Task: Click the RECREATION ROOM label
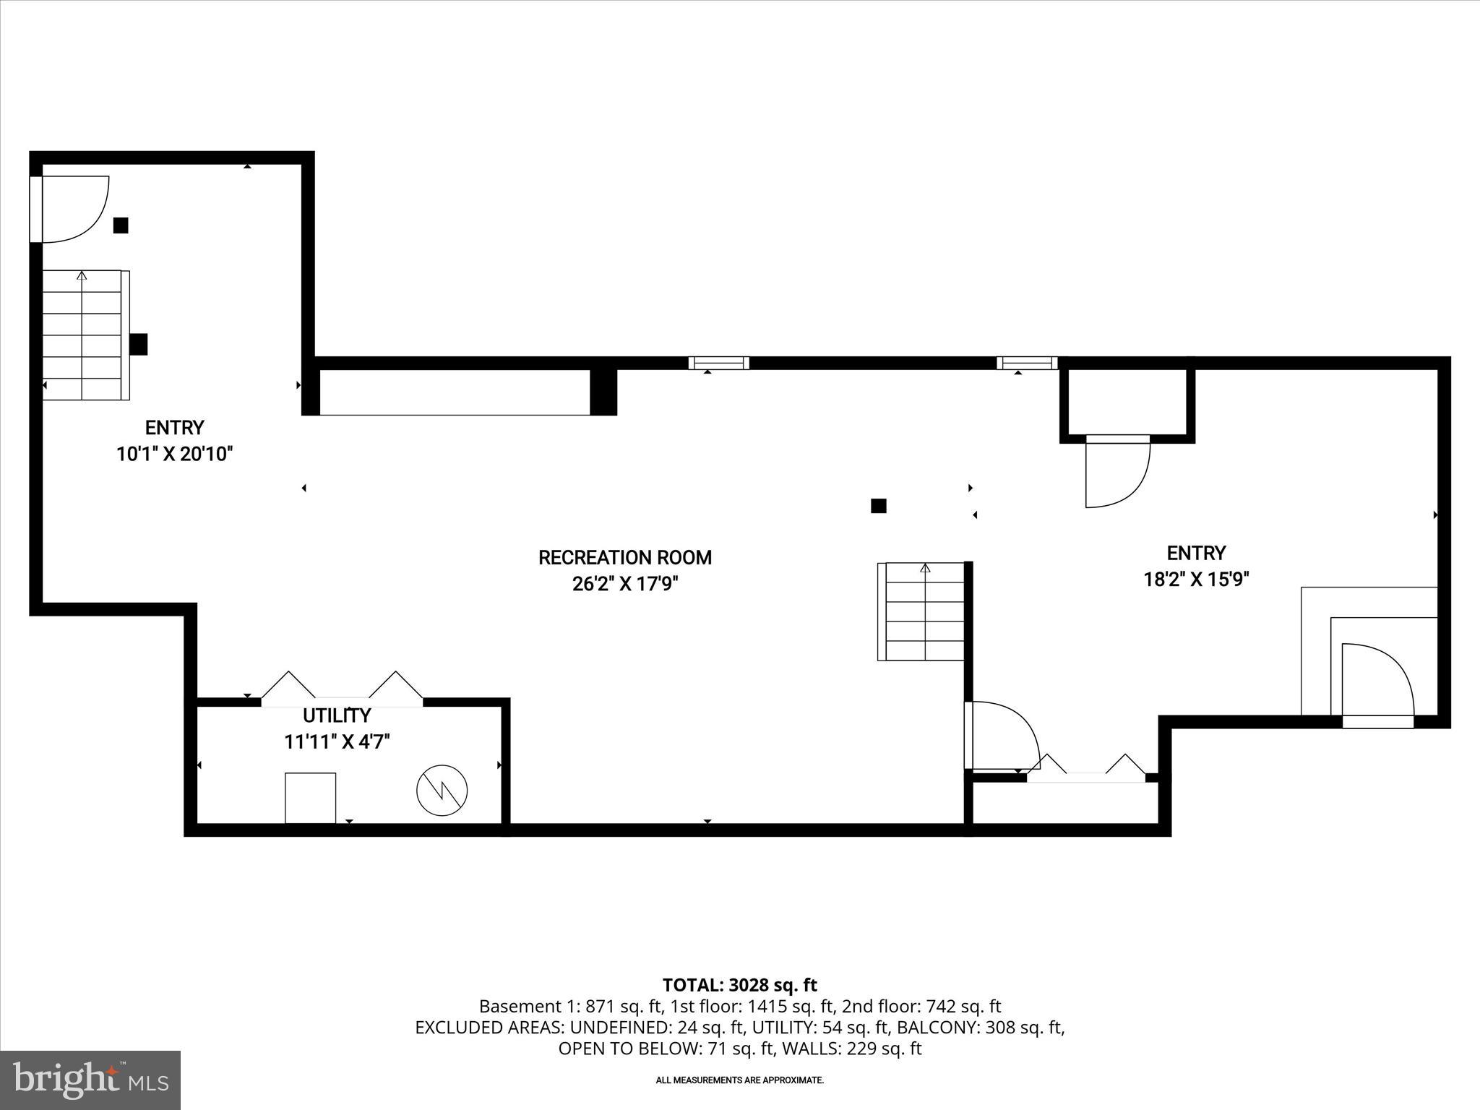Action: (x=625, y=557)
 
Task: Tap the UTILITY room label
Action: (x=337, y=715)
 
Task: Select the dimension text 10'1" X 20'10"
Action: (x=175, y=454)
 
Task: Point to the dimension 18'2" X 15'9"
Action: (x=1196, y=580)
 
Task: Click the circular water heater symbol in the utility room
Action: (x=442, y=791)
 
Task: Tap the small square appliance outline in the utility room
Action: (x=310, y=798)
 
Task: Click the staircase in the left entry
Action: (x=82, y=335)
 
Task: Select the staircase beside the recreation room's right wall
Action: (x=924, y=611)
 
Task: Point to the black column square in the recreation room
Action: (x=878, y=506)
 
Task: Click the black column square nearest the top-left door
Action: (x=121, y=225)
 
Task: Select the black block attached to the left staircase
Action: (x=139, y=344)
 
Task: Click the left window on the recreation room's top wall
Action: (x=718, y=363)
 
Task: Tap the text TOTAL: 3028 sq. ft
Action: (x=739, y=985)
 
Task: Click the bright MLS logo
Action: (x=90, y=1080)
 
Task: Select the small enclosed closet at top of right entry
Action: (x=1127, y=402)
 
